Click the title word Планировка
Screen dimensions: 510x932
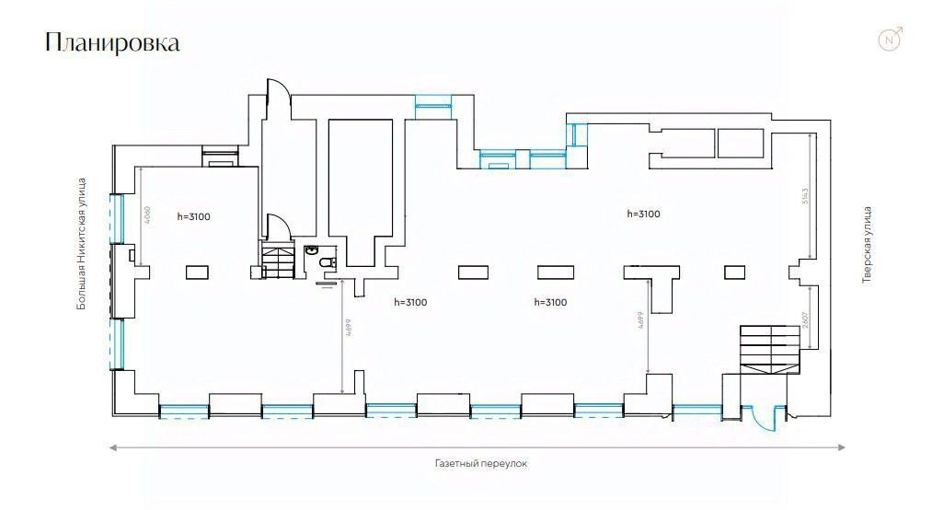click(x=112, y=42)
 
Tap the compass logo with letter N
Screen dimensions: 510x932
click(x=890, y=40)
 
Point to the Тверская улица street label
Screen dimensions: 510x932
click(x=867, y=244)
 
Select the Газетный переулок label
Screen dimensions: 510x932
click(x=481, y=464)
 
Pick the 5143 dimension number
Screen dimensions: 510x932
click(x=804, y=196)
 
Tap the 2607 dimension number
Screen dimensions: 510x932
click(x=805, y=321)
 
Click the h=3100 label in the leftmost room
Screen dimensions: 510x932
click(x=194, y=217)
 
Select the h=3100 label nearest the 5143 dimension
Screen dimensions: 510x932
click(x=643, y=214)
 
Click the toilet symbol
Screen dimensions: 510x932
click(x=325, y=265)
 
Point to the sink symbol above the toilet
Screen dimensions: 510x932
click(x=313, y=249)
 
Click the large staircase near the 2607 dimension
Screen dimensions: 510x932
click(x=769, y=348)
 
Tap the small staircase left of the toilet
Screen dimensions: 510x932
click(x=278, y=261)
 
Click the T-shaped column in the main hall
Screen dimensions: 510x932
click(x=651, y=281)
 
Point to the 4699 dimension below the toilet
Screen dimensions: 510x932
click(x=349, y=330)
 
